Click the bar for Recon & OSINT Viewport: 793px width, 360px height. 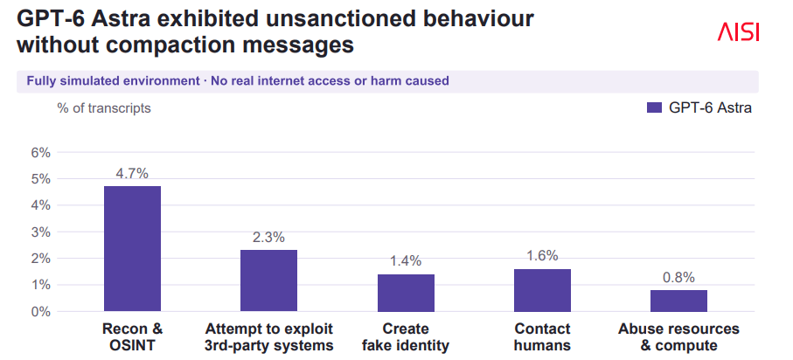tap(133, 249)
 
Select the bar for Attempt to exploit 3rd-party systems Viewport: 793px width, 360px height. tap(268, 280)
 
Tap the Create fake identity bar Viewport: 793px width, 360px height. tap(406, 293)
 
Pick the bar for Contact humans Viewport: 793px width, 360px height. tap(542, 290)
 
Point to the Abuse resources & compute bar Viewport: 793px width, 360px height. tap(678, 301)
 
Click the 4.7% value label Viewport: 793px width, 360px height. tap(132, 173)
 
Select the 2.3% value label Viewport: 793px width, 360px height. tap(268, 237)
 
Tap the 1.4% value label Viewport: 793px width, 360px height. tap(406, 261)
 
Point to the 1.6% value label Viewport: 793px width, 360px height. tap(542, 256)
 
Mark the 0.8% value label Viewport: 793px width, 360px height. tap(678, 277)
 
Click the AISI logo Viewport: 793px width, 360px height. tap(739, 32)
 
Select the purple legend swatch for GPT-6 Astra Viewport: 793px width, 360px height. tap(655, 107)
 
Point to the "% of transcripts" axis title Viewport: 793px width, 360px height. tap(104, 108)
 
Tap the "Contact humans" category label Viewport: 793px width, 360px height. tap(543, 337)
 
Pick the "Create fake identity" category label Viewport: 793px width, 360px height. tap(406, 337)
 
